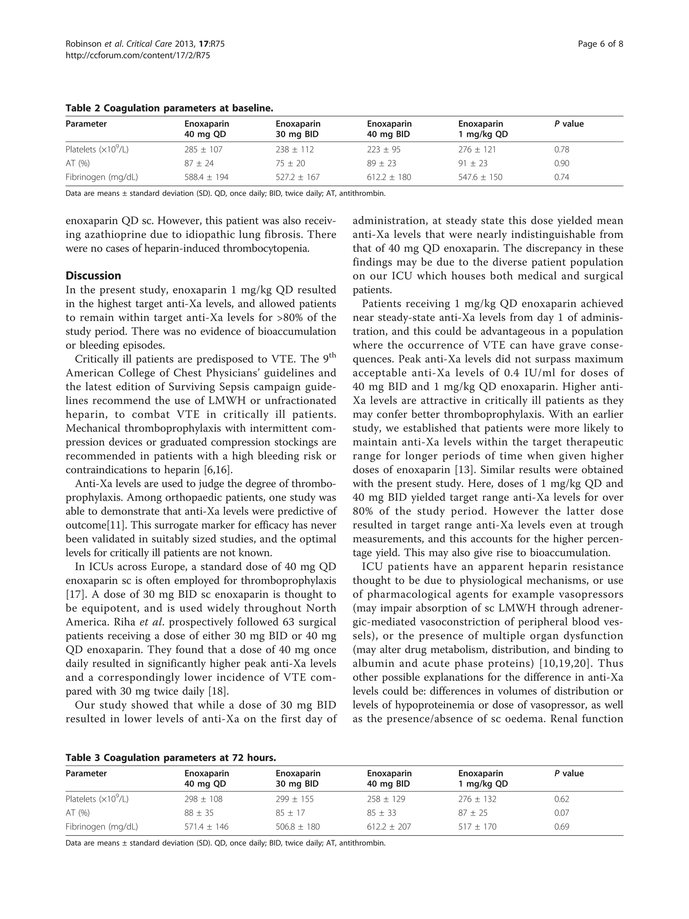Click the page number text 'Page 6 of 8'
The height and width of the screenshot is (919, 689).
[x=600, y=44]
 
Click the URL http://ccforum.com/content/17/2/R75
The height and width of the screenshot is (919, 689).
[x=138, y=55]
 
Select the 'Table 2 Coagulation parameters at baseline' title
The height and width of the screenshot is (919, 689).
[x=170, y=108]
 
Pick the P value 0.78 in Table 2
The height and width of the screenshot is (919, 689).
[x=561, y=149]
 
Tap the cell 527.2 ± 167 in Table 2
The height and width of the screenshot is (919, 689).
[x=297, y=177]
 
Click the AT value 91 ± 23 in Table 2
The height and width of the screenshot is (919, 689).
[x=473, y=163]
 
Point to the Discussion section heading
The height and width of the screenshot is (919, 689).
[x=94, y=276]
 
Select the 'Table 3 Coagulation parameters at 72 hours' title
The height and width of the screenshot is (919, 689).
[x=171, y=758]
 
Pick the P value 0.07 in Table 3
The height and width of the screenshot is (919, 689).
[x=561, y=813]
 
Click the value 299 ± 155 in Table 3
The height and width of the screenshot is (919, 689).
[x=294, y=799]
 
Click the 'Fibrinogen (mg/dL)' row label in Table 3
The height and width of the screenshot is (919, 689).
[x=102, y=827]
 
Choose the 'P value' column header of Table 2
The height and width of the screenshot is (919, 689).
[x=569, y=124]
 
